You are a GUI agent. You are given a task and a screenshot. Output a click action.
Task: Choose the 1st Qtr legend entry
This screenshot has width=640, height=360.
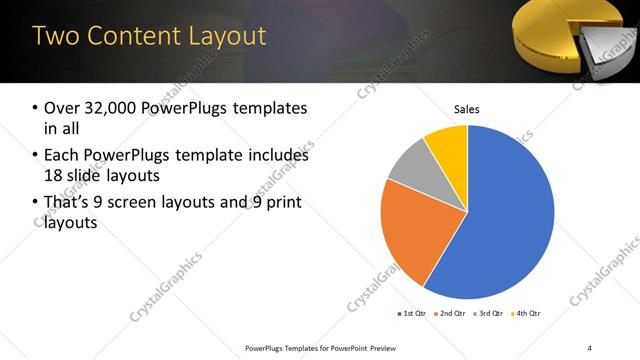412,314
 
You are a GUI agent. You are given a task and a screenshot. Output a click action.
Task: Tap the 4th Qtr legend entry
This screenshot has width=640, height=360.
528,314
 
